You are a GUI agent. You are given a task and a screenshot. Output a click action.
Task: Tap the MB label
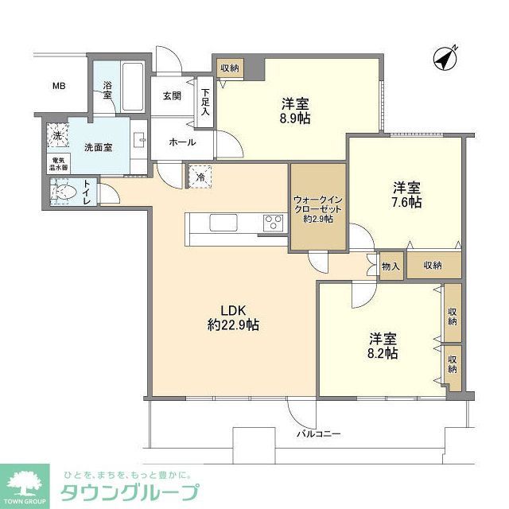[59, 87]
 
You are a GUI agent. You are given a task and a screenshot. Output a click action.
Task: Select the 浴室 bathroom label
[107, 91]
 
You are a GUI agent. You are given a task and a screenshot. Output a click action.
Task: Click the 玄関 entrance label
[173, 95]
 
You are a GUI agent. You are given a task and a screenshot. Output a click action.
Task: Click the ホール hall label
[178, 142]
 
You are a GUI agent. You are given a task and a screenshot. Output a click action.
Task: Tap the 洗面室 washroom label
[98, 147]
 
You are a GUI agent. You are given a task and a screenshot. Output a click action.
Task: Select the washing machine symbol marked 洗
[57, 136]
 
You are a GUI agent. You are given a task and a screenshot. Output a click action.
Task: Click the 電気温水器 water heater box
[56, 164]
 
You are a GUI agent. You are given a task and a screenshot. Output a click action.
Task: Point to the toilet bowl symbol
[64, 192]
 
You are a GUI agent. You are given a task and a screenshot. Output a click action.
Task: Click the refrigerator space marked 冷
[198, 175]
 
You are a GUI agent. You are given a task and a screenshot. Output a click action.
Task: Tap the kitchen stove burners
[274, 222]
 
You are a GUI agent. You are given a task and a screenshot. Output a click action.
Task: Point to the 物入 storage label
[391, 266]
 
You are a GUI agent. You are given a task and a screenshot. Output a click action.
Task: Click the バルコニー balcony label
[319, 434]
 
